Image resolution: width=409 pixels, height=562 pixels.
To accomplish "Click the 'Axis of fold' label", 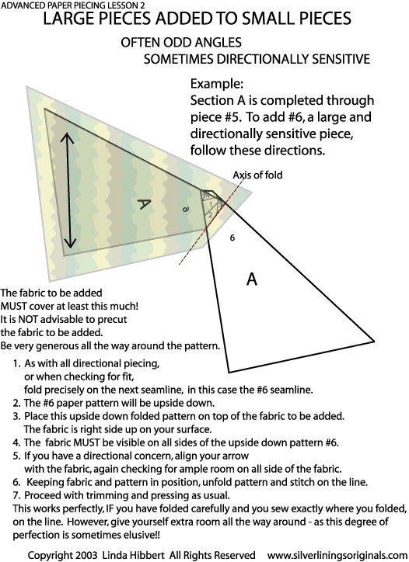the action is [257, 175].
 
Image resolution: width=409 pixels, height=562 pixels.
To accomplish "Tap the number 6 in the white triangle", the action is [232, 238].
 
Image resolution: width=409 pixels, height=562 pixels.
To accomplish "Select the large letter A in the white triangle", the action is [252, 279].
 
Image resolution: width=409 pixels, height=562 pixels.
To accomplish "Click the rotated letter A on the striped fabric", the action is [144, 204].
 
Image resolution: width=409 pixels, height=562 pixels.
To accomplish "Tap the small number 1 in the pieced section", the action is [211, 205].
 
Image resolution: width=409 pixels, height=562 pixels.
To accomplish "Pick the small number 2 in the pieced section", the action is [210, 214].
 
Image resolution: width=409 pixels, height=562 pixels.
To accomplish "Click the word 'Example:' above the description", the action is [217, 84].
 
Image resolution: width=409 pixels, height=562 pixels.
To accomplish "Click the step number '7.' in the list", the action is [16, 496].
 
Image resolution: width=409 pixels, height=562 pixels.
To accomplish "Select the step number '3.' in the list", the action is [16, 417].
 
